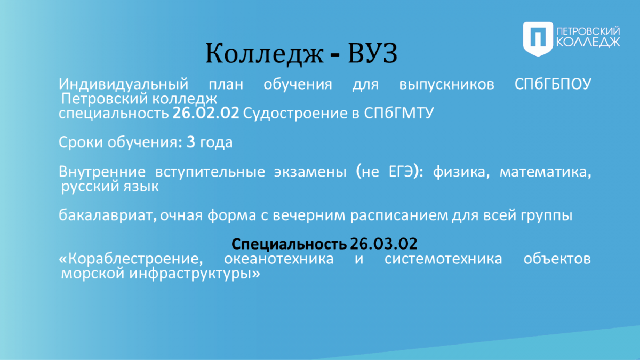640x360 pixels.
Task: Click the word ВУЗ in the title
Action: point(373,53)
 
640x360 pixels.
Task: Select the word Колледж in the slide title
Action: point(265,54)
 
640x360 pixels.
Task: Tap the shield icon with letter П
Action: point(538,39)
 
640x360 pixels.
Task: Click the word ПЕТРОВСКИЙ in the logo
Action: point(588,31)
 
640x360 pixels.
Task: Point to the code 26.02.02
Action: point(206,113)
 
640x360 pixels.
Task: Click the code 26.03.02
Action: point(383,244)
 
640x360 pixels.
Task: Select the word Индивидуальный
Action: point(123,85)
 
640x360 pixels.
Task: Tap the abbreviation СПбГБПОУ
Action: point(553,84)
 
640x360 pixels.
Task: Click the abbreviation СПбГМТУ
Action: point(399,113)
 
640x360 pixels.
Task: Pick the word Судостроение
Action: point(295,114)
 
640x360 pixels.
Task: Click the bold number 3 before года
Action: point(191,142)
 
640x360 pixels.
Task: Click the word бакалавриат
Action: point(108,215)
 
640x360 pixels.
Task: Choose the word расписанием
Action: point(399,215)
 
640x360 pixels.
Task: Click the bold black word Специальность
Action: point(289,244)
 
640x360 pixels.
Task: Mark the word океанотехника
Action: point(278,259)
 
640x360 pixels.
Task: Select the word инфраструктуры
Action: point(195,274)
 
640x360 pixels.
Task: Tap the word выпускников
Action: point(446,85)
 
